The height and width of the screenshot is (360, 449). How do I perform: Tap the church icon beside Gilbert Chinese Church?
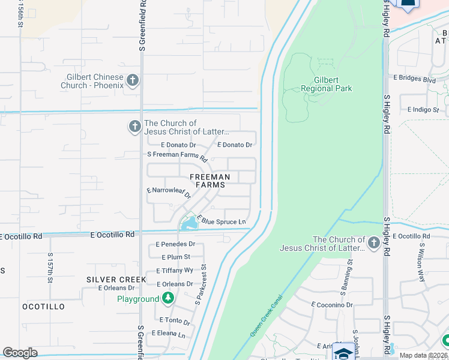pyautogui.click(x=133, y=80)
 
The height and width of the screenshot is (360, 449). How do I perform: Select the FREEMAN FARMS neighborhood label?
pyautogui.click(x=210, y=181)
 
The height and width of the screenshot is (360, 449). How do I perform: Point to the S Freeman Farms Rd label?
pyautogui.click(x=177, y=155)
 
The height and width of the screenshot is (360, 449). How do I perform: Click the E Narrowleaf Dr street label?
pyautogui.click(x=169, y=192)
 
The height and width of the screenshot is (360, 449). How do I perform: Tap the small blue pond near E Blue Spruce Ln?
pyautogui.click(x=190, y=224)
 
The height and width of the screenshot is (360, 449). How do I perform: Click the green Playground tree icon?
pyautogui.click(x=169, y=298)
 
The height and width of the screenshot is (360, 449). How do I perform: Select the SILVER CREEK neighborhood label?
pyautogui.click(x=116, y=280)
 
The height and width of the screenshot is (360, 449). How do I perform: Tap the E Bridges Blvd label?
pyautogui.click(x=414, y=79)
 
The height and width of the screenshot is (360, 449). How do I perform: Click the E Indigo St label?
pyautogui.click(x=423, y=110)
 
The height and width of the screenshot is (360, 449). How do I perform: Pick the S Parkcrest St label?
pyautogui.click(x=200, y=283)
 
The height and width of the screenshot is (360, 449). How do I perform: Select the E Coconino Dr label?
pyautogui.click(x=332, y=305)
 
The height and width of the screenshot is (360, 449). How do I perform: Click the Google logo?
pyautogui.click(x=20, y=353)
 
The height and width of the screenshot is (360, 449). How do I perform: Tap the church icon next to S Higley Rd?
pyautogui.click(x=374, y=243)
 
